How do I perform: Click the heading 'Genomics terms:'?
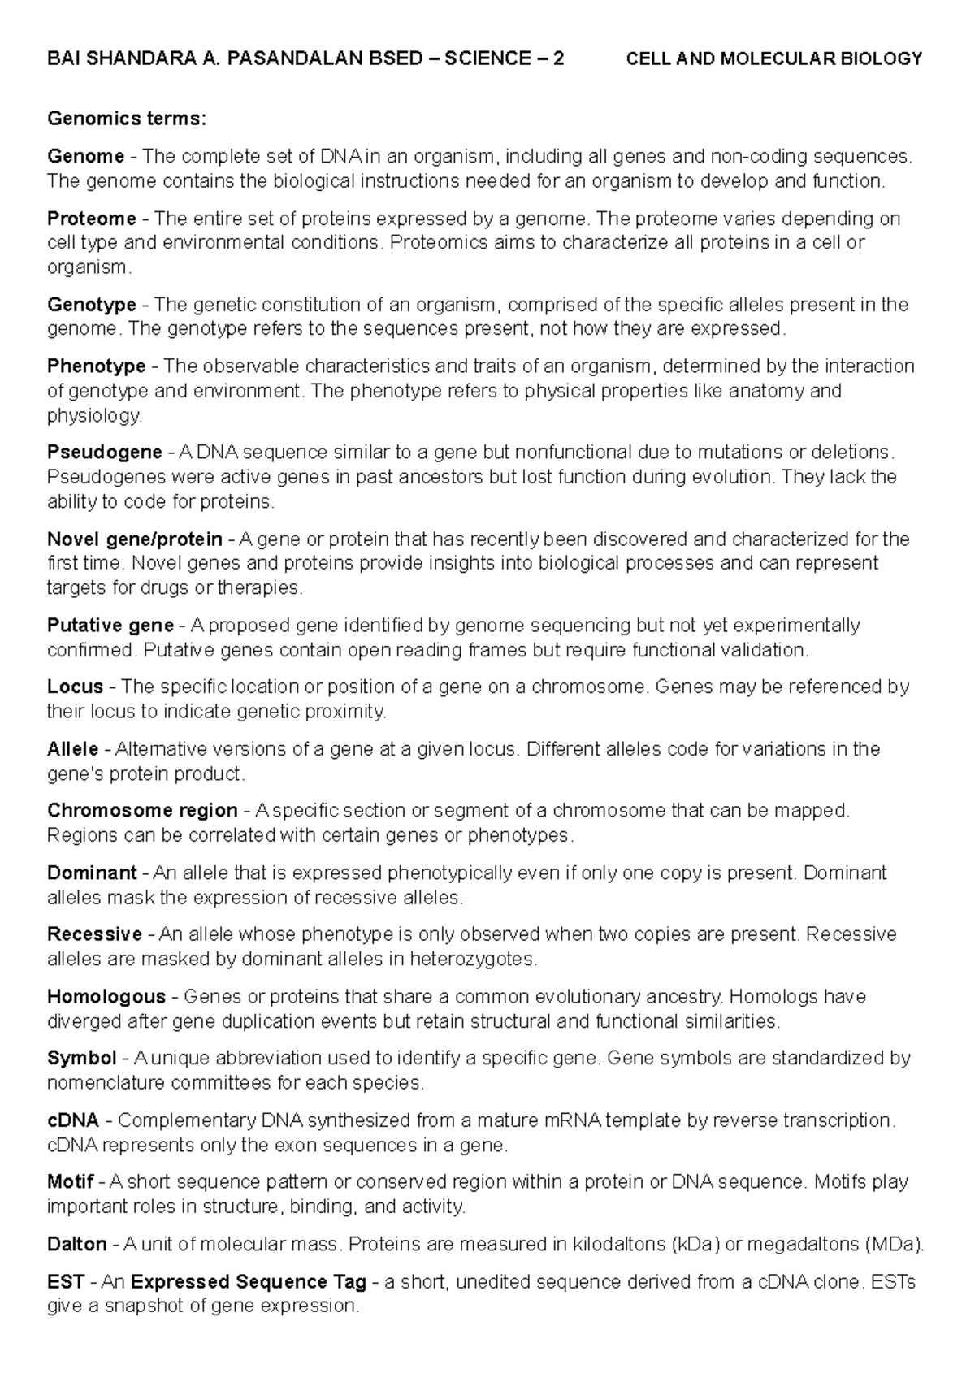point(127,119)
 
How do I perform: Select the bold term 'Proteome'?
point(91,219)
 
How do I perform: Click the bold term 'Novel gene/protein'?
point(134,539)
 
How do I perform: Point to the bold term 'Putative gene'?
point(110,626)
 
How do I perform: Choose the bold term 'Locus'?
point(75,687)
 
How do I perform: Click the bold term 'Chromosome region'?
point(142,810)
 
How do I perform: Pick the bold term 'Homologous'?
point(106,996)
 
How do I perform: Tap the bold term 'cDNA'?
point(73,1120)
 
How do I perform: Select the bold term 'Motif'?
point(71,1181)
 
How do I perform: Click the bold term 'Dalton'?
point(76,1244)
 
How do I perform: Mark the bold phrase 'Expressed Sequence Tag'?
point(248,1282)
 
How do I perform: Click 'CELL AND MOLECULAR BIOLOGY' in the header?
point(774,58)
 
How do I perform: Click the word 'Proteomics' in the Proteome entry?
point(431,243)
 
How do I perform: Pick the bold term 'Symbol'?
point(81,1058)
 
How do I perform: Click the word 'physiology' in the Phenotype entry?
point(93,416)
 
